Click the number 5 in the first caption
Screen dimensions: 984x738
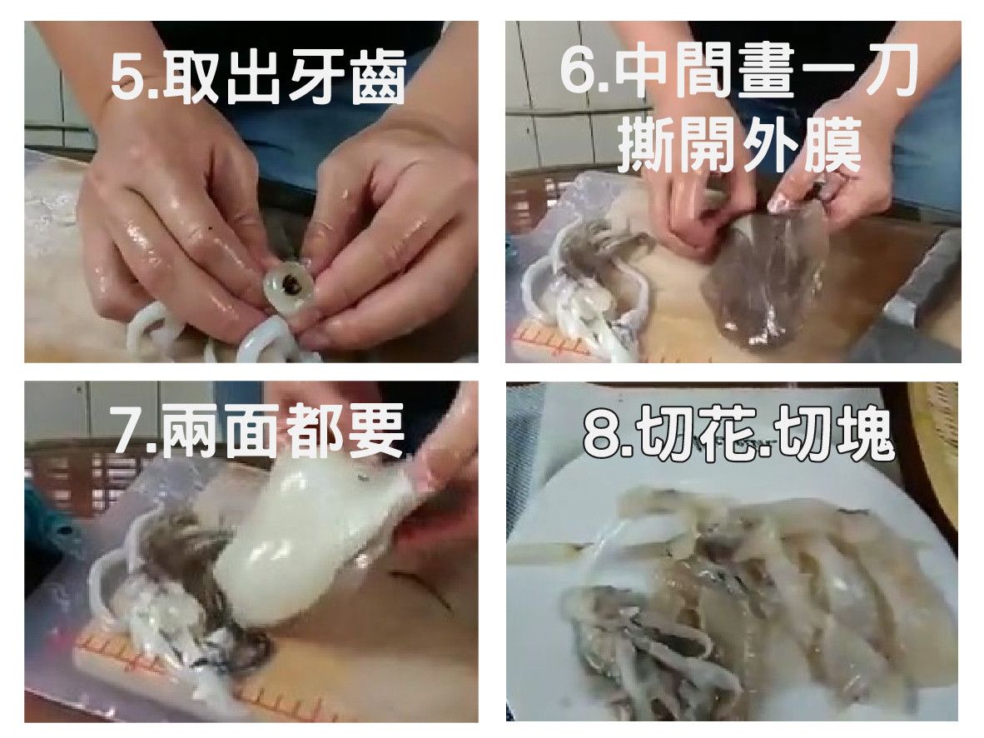coord(128,78)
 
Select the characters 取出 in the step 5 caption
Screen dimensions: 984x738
coord(221,77)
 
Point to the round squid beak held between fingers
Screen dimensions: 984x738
coord(290,287)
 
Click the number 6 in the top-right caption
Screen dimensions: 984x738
coord(577,69)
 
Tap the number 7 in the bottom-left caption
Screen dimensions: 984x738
coord(130,431)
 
